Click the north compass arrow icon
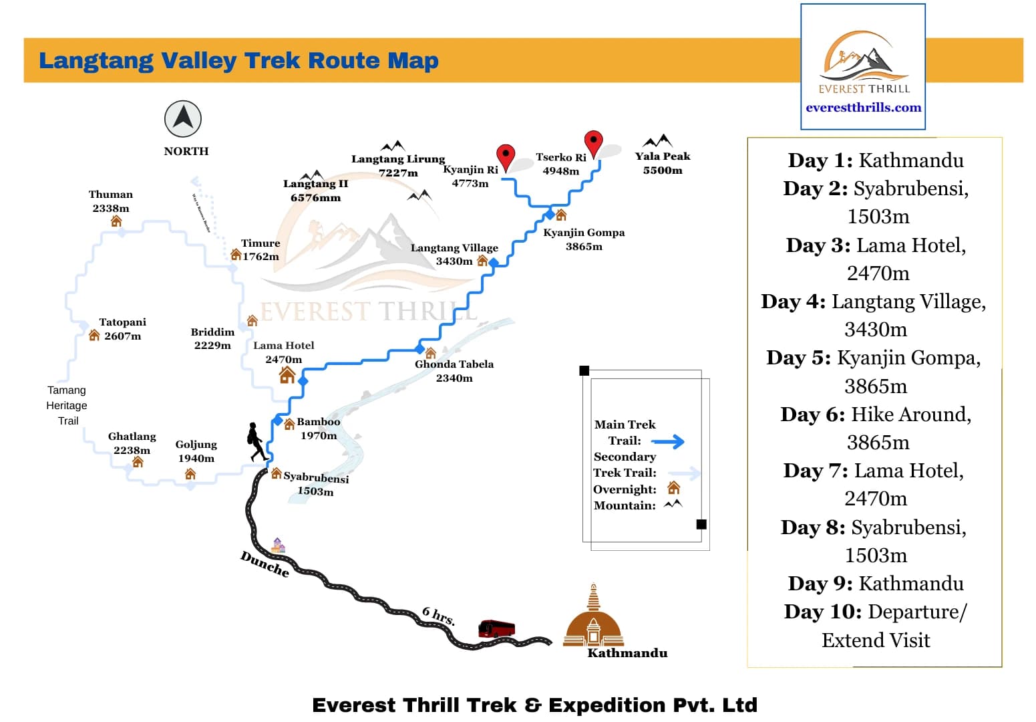click(x=183, y=119)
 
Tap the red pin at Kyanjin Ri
click(x=506, y=157)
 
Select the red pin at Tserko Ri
click(x=593, y=143)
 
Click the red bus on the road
click(x=496, y=628)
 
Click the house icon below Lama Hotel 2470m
click(x=287, y=375)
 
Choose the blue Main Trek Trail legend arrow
click(x=668, y=441)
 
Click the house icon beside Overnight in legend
click(x=673, y=488)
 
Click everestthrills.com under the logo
click(x=863, y=108)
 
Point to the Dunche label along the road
click(x=265, y=564)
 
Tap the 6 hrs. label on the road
click(x=439, y=616)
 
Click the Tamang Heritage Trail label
click(x=67, y=405)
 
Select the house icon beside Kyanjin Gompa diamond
click(x=561, y=215)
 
